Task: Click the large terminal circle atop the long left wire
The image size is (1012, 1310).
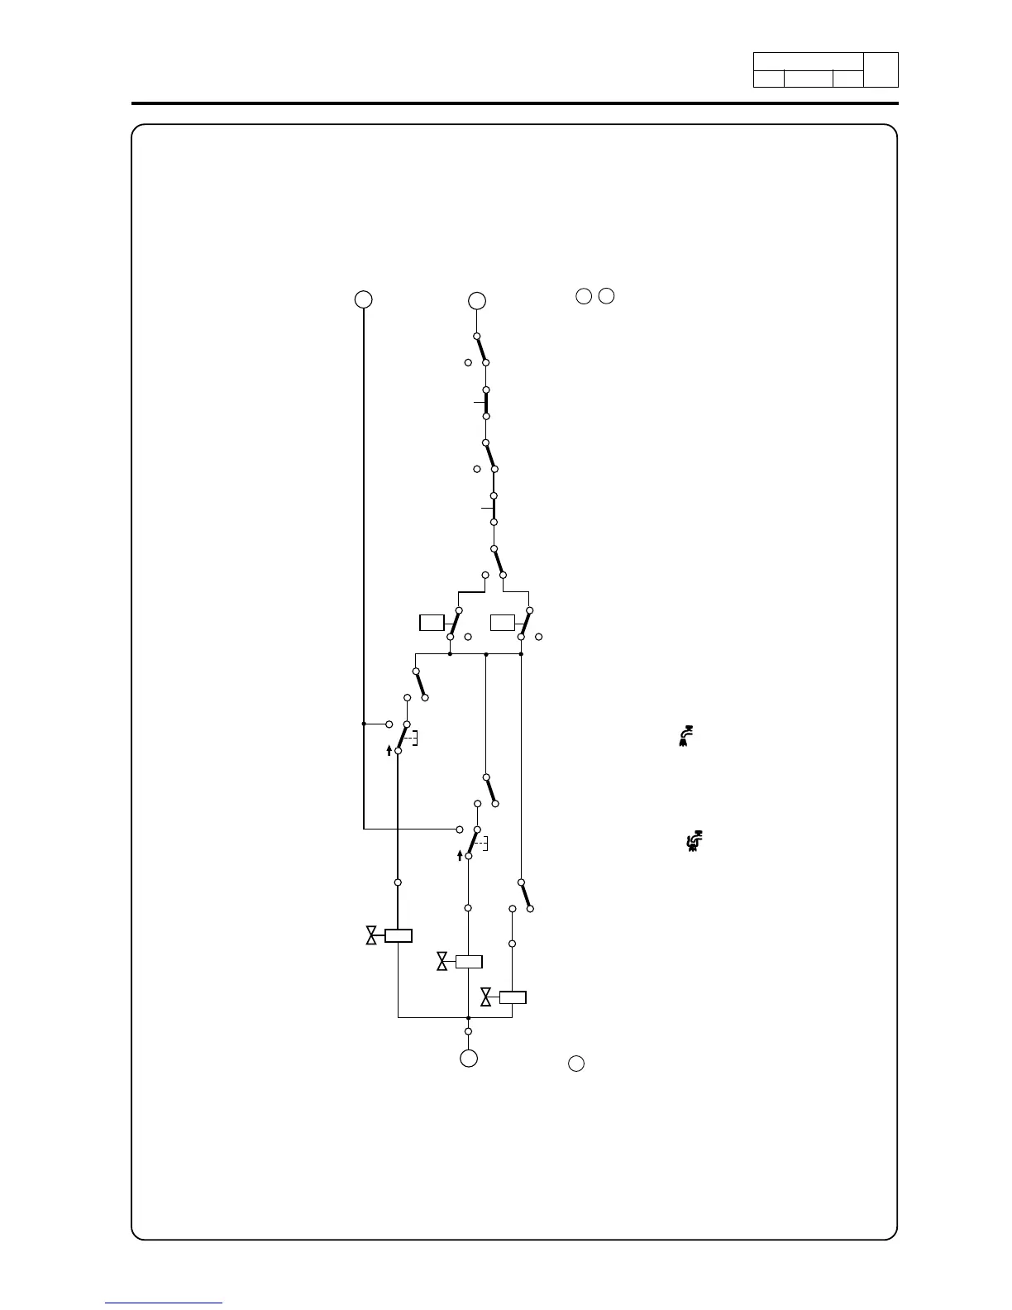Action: click(363, 299)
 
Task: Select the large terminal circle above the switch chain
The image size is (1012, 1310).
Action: click(476, 300)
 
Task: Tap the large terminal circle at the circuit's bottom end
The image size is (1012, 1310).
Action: click(468, 1058)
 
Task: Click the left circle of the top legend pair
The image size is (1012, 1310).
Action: click(584, 296)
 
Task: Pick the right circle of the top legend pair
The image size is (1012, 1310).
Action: click(607, 296)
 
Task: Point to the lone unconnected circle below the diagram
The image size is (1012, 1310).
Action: click(576, 1064)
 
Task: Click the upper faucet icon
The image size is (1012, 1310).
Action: click(685, 736)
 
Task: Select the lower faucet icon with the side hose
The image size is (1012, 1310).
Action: click(695, 842)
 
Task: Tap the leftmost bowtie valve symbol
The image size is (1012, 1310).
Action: click(371, 935)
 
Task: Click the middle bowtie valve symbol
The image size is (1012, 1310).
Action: click(442, 961)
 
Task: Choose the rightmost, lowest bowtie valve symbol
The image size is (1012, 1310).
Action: click(486, 997)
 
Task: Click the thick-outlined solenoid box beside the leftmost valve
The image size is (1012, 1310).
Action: click(398, 935)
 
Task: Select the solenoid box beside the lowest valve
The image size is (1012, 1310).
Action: click(513, 997)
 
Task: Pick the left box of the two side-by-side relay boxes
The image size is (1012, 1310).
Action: click(432, 623)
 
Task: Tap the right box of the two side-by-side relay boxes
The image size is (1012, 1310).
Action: click(503, 623)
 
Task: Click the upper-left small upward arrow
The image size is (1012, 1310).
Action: click(389, 750)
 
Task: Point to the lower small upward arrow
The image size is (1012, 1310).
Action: click(460, 855)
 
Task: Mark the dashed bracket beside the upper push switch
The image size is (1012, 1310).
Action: click(414, 738)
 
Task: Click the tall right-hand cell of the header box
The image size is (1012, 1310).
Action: click(881, 70)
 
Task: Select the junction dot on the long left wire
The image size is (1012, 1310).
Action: click(364, 724)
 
